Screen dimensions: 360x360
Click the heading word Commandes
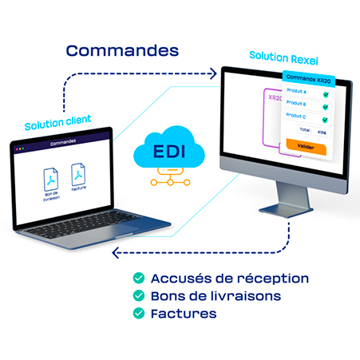122,49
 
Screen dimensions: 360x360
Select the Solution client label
57,126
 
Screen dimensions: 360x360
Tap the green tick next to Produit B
326,105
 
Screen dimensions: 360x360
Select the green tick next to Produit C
326,116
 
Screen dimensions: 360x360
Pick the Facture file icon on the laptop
78,175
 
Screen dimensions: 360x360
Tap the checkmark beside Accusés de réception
139,278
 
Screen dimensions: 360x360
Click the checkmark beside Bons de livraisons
139,295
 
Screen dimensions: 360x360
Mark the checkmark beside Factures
139,313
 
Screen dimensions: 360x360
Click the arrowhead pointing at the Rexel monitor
214,74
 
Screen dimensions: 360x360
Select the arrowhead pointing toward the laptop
117,253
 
